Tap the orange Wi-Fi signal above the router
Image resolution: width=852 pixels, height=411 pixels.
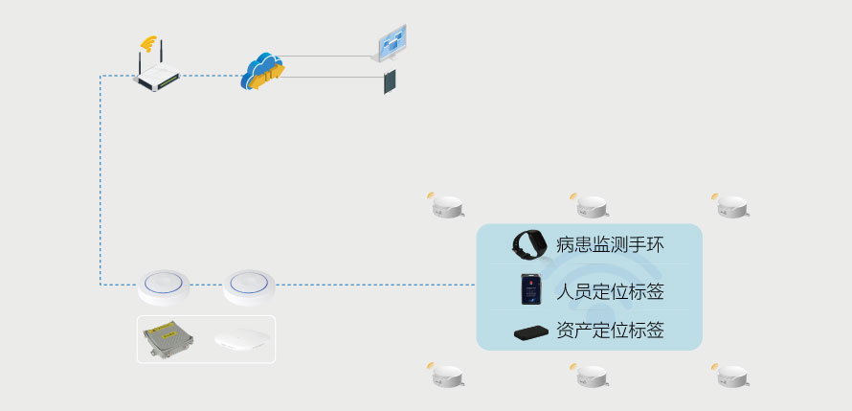tap(147, 43)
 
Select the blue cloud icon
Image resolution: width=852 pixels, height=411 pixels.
tap(261, 70)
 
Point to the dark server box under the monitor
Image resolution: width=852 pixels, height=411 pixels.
tap(391, 81)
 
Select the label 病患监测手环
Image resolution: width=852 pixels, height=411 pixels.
tap(610, 244)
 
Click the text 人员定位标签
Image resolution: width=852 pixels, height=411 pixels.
tap(610, 291)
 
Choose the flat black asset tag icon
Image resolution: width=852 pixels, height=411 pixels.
tap(531, 332)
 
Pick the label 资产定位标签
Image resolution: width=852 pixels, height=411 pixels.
tap(610, 332)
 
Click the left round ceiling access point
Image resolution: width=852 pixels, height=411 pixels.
tap(164, 285)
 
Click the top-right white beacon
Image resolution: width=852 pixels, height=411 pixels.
tap(731, 204)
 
